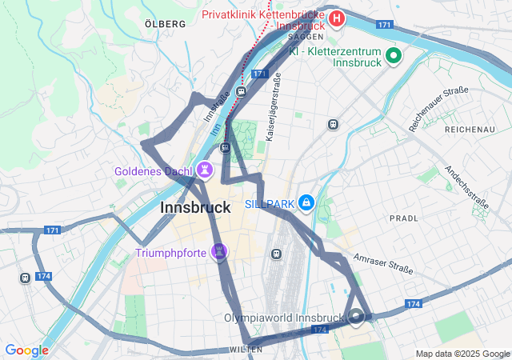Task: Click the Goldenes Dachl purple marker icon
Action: pos(206,169)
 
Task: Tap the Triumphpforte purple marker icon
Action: pos(219,253)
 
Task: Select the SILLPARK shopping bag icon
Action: pos(306,204)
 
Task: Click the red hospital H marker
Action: pos(337,18)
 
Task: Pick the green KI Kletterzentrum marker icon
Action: pos(393,55)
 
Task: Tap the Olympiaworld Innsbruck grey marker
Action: pos(356,316)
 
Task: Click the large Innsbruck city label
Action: pos(196,207)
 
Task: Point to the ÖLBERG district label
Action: pos(166,24)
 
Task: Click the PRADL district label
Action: pos(404,218)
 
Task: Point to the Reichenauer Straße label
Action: pos(438,108)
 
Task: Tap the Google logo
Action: pos(26,350)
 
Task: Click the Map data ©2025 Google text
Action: pos(462,354)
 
